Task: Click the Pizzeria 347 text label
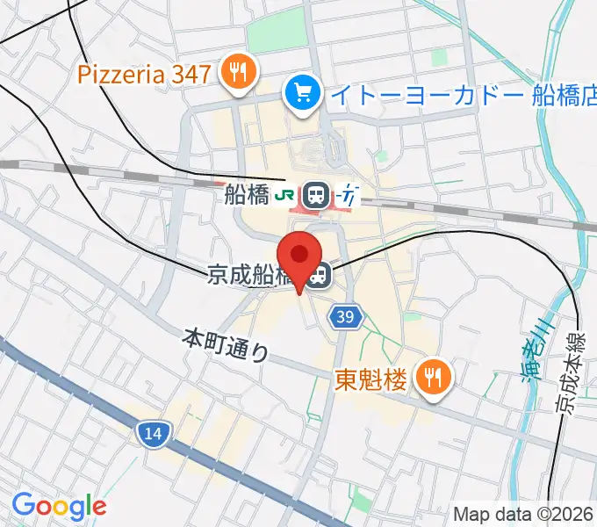[x=144, y=74]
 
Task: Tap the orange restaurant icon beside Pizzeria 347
[x=237, y=72]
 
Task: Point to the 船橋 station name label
[x=245, y=194]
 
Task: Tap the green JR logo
[x=285, y=195]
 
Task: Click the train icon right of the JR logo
[x=317, y=195]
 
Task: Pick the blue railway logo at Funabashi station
[x=349, y=195]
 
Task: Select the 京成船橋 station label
[x=251, y=276]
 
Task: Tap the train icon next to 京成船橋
[x=320, y=276]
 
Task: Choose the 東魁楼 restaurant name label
[x=371, y=379]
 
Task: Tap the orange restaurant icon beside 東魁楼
[x=433, y=378]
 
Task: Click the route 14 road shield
[x=154, y=432]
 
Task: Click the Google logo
[x=59, y=506]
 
